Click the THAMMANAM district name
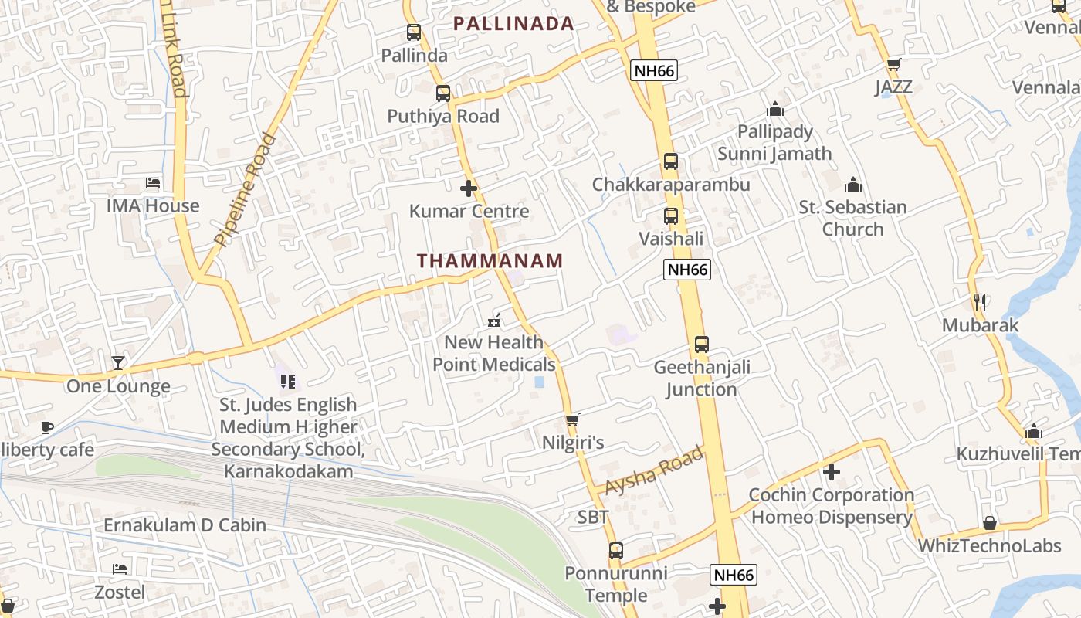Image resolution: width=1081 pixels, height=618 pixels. [x=490, y=261]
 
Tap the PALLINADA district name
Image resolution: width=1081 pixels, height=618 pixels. [x=513, y=24]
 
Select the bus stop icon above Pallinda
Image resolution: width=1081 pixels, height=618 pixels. [x=414, y=32]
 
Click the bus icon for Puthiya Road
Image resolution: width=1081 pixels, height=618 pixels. [x=443, y=93]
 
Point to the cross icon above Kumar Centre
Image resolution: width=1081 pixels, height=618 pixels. [x=469, y=188]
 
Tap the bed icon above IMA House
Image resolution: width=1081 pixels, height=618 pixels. [x=153, y=183]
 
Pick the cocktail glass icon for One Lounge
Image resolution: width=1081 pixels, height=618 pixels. [x=117, y=363]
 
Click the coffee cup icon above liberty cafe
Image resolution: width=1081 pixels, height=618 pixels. [x=47, y=427]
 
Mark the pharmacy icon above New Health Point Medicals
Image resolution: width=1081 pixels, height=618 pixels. [x=494, y=320]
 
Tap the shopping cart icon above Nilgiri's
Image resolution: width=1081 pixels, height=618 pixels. [x=572, y=420]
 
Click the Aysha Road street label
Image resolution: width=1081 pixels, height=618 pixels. [x=655, y=471]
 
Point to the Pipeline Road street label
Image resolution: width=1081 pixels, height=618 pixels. [x=246, y=190]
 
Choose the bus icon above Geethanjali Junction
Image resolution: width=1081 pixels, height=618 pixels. [x=701, y=345]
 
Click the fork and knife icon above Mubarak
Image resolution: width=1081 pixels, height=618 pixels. [x=980, y=302]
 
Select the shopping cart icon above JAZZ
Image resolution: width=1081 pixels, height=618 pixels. [x=894, y=64]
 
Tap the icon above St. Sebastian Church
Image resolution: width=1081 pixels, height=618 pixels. [x=853, y=185]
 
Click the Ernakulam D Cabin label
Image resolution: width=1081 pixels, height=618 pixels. [x=185, y=525]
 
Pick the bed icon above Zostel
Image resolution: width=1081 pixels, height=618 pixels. [x=120, y=569]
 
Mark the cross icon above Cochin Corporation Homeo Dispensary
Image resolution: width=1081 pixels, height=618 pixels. [x=832, y=471]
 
